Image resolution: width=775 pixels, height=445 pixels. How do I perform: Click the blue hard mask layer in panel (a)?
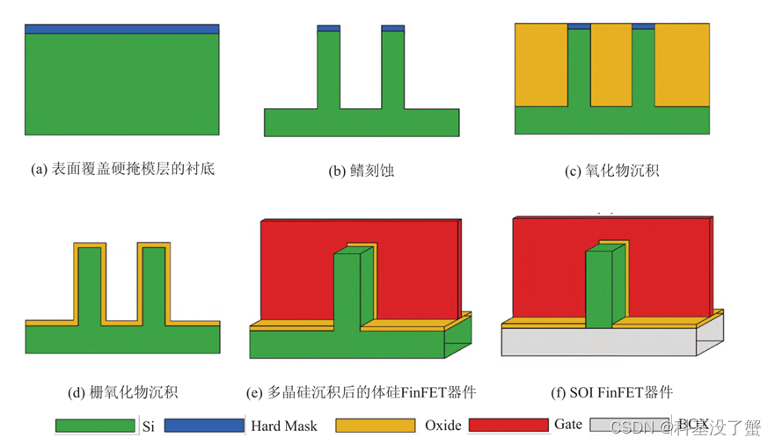pos(121,29)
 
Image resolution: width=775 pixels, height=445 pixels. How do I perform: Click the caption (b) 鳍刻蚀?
pos(361,171)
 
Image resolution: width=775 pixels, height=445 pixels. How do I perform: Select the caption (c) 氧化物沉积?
pos(611,171)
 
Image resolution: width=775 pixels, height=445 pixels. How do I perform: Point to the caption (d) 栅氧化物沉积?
pos(121,390)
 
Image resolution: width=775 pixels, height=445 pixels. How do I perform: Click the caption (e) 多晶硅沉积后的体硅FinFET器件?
pos(362,391)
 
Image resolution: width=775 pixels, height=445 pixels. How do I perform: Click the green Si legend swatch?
pos(94,426)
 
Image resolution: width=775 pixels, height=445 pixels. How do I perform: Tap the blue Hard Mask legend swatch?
pos(203,426)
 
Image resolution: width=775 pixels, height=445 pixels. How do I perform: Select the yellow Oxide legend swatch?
pos(376,426)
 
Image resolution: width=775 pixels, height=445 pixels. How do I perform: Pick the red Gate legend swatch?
pos(509,426)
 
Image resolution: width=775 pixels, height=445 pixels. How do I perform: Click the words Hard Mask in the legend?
pos(284,426)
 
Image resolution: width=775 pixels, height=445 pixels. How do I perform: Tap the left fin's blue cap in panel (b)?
pos(328,28)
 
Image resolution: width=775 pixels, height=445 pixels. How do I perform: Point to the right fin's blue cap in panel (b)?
pos(392,28)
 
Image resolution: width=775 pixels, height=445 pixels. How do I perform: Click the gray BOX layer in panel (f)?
pos(598,341)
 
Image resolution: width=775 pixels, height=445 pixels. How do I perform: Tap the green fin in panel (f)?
pos(598,290)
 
